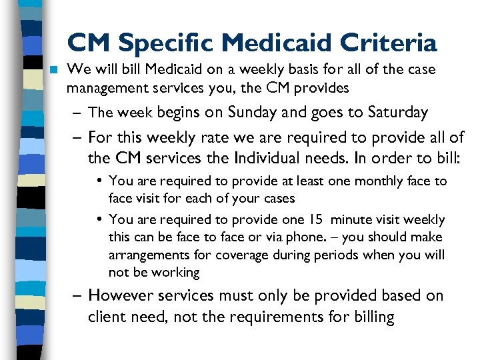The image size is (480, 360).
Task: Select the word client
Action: pyautogui.click(x=107, y=317)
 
